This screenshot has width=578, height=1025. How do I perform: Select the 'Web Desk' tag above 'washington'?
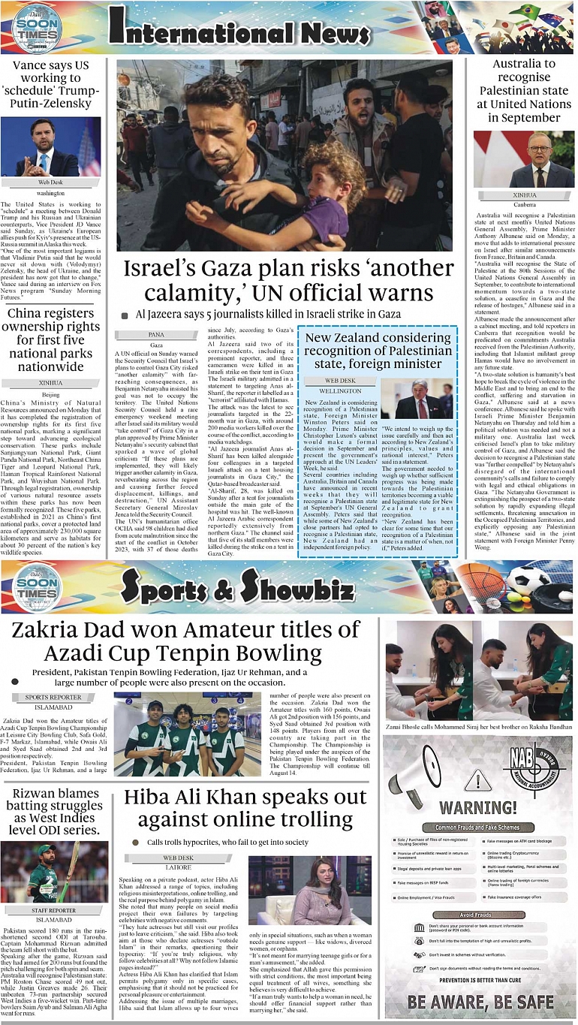50,182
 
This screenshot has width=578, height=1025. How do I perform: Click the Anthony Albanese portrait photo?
523,159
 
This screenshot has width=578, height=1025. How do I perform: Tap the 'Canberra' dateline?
523,203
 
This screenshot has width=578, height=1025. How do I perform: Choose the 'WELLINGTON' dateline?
340,391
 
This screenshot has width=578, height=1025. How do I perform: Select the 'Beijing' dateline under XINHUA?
50,394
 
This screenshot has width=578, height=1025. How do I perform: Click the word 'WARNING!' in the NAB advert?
477,808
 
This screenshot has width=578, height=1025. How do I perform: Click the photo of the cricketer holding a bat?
54,871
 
